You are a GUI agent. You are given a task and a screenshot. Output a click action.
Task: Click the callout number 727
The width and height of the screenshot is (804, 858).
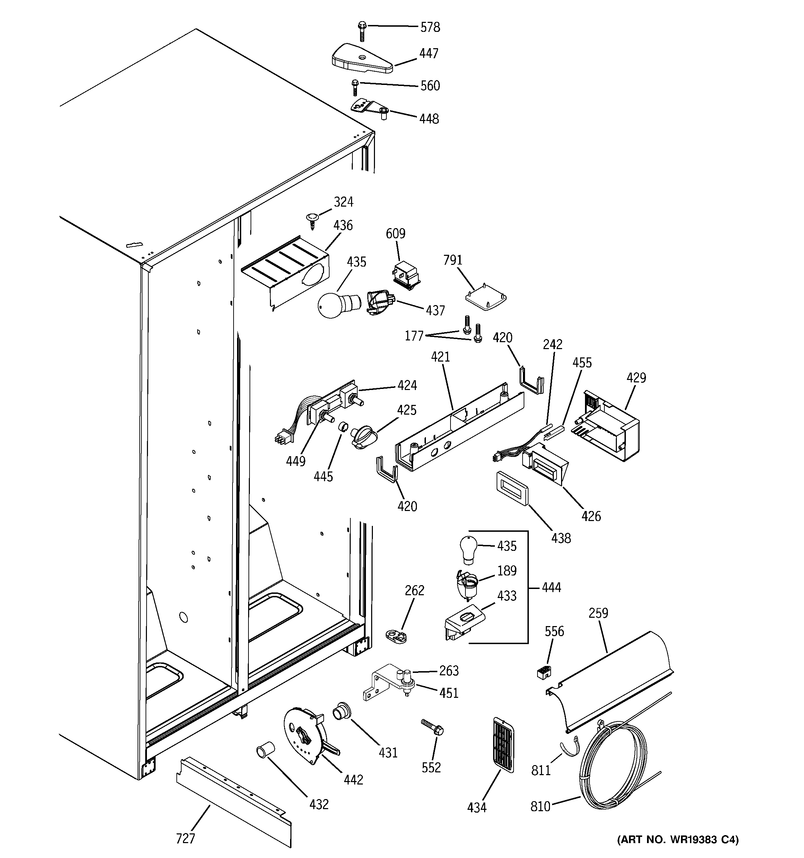point(185,838)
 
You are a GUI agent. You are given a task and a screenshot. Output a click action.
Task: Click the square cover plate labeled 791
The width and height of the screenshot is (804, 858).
point(486,298)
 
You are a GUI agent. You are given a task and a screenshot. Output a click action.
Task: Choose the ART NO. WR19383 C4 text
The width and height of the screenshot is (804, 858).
point(678,839)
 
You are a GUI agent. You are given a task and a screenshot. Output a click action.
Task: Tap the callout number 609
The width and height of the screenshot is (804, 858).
point(395,234)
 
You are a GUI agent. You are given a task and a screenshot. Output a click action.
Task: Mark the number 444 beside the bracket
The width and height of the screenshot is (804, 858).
point(551,587)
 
